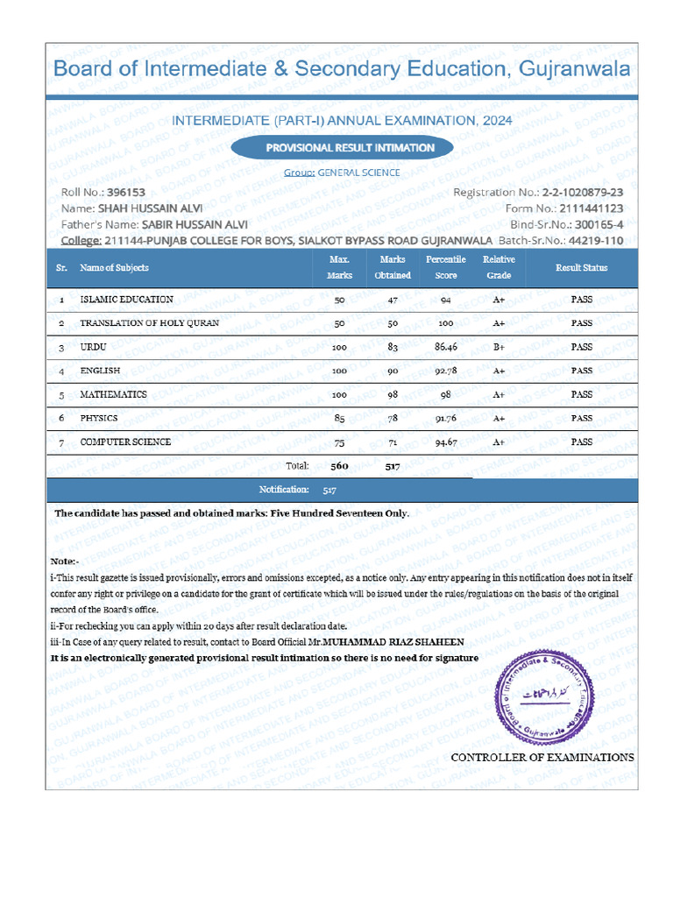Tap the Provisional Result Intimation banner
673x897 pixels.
(x=350, y=148)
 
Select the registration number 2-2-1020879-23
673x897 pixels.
(x=583, y=193)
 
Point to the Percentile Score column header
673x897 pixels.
(x=445, y=267)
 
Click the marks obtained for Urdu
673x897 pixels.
(x=392, y=348)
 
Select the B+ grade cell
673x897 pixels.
(x=499, y=348)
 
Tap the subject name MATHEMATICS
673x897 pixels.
(x=113, y=395)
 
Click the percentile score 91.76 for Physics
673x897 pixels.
(x=446, y=419)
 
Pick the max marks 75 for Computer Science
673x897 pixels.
(x=339, y=443)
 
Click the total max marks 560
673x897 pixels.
(x=339, y=467)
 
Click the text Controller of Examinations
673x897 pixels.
(x=542, y=757)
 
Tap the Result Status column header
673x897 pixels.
(x=581, y=267)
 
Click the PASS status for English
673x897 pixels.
(x=581, y=371)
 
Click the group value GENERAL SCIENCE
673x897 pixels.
(x=358, y=173)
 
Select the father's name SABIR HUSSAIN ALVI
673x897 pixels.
(x=195, y=224)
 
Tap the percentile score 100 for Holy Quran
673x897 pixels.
(x=445, y=324)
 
